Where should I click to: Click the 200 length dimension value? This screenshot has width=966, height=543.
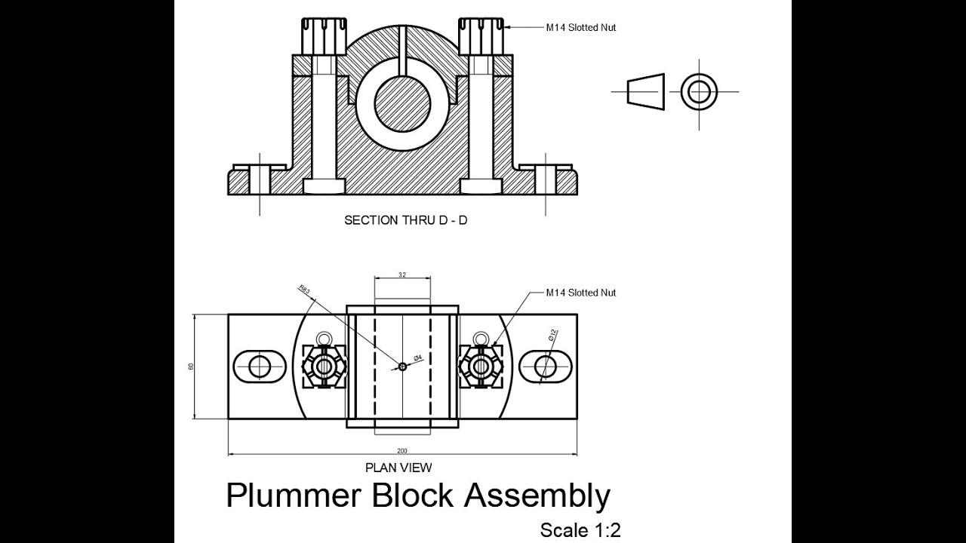[402, 450]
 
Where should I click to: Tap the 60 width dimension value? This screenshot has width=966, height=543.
[191, 367]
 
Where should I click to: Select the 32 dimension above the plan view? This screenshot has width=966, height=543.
[402, 275]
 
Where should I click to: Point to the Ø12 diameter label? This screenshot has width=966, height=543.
[553, 336]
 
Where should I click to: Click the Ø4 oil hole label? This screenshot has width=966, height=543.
[417, 357]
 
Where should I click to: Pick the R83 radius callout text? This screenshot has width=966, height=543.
[304, 289]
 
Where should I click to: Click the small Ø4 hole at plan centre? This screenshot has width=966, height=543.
[402, 367]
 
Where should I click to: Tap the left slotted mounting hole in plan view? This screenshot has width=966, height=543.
[260, 367]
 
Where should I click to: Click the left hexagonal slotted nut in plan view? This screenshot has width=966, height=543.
[325, 367]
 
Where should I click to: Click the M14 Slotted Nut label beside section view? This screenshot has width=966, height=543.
[581, 27]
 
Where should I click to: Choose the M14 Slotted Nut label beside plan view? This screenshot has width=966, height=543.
[581, 293]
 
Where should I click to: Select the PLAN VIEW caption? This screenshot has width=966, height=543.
[398, 468]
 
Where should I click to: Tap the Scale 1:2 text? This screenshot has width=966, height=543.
[580, 530]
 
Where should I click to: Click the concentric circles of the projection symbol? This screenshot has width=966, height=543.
[699, 92]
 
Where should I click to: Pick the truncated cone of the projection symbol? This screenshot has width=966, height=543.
[648, 92]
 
